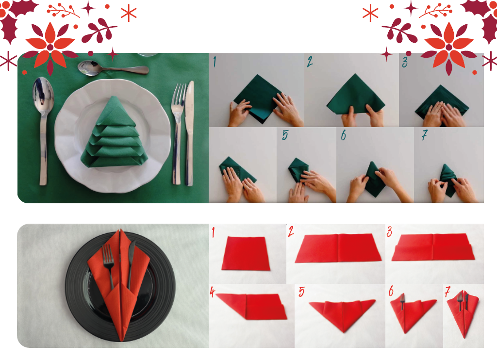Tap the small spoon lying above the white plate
point(113,68)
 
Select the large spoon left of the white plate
point(43,131)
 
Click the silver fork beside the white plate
point(178,133)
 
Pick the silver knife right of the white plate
point(189,133)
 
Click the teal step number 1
point(215,62)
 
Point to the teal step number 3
point(405,62)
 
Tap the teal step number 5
point(285,135)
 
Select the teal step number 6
point(343,135)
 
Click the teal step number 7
point(424,135)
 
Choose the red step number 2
point(291,231)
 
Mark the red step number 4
point(213,292)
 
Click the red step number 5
point(301,292)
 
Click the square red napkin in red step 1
point(246,254)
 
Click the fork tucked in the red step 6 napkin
point(402,301)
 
